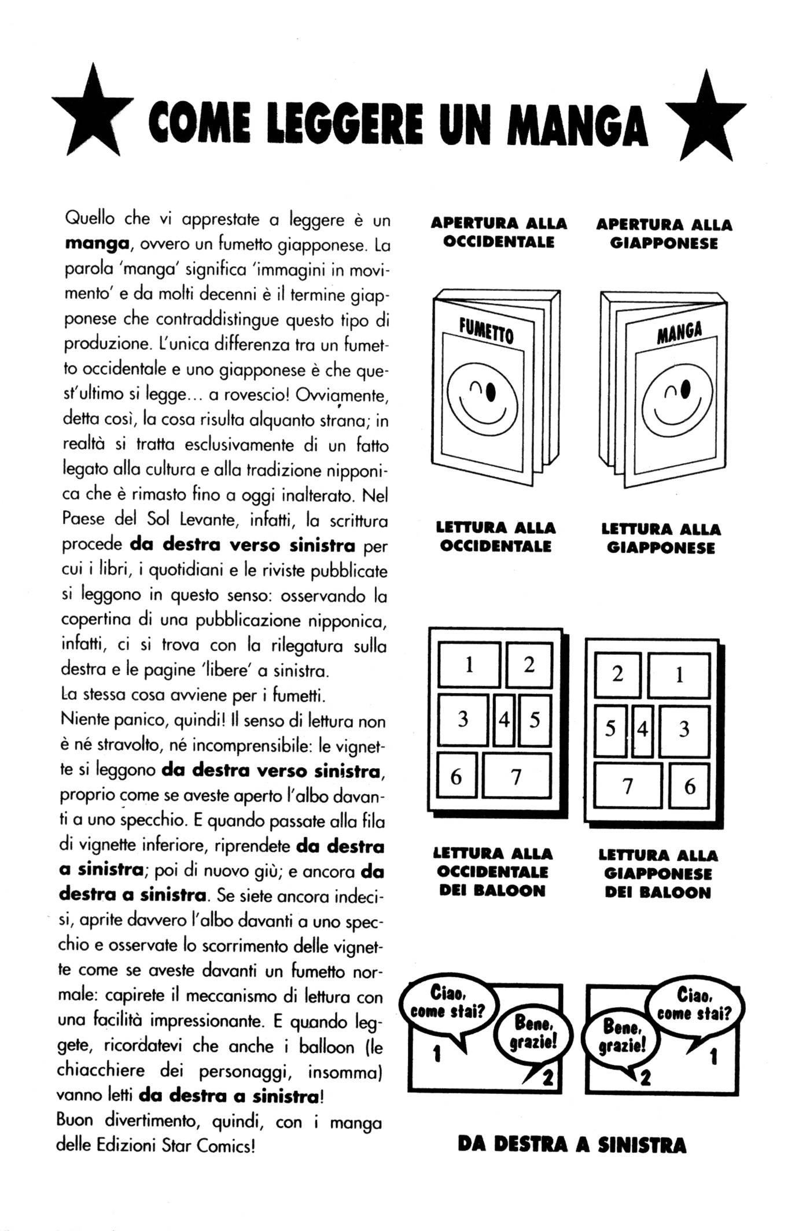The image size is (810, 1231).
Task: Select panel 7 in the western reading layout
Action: (x=516, y=776)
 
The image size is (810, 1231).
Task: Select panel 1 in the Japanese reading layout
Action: (x=679, y=675)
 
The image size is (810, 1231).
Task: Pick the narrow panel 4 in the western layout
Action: (x=504, y=720)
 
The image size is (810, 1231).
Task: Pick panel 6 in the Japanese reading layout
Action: (x=689, y=786)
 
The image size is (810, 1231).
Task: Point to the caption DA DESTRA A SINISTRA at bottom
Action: (x=572, y=1145)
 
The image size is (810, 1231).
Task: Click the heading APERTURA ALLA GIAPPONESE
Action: (x=664, y=234)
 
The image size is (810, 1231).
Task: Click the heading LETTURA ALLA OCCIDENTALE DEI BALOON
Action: (x=492, y=872)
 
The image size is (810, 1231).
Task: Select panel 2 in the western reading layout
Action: (x=529, y=665)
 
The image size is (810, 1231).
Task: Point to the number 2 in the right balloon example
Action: (x=646, y=1077)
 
